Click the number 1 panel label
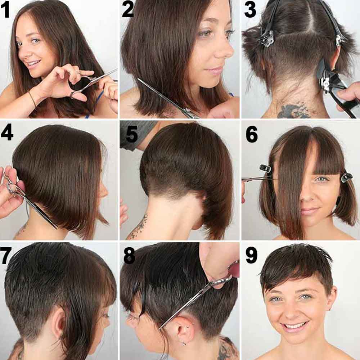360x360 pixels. [x=6, y=10]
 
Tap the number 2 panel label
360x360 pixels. [x=128, y=9]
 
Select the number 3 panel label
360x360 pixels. [x=250, y=10]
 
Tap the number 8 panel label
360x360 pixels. [x=129, y=256]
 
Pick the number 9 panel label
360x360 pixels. [x=251, y=256]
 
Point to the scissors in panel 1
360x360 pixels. [x=92, y=83]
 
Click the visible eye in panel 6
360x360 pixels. [x=320, y=179]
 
